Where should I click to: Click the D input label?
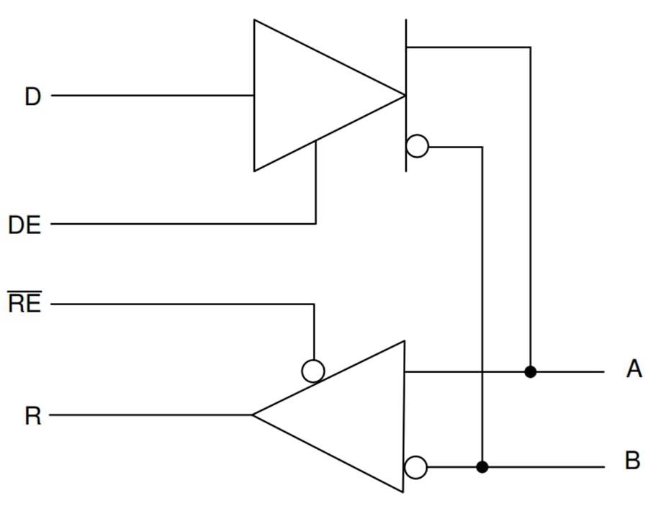pyautogui.click(x=32, y=96)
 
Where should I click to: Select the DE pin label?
pyautogui.click(x=24, y=225)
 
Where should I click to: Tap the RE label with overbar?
pyautogui.click(x=24, y=304)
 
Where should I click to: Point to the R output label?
pyautogui.click(x=32, y=416)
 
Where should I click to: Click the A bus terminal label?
pyautogui.click(x=634, y=370)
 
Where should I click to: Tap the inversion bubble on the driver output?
pyautogui.click(x=417, y=147)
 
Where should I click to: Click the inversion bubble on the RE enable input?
pyautogui.click(x=313, y=371)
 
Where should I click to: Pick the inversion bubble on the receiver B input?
pyautogui.click(x=415, y=467)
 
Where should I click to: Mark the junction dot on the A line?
pyautogui.click(x=531, y=371)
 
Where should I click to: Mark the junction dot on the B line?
pyautogui.click(x=482, y=467)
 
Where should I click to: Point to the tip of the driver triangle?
pyautogui.click(x=402, y=96)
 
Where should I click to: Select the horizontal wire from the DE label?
pyautogui.click(x=180, y=224)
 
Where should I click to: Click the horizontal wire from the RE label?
pyautogui.click(x=180, y=304)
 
